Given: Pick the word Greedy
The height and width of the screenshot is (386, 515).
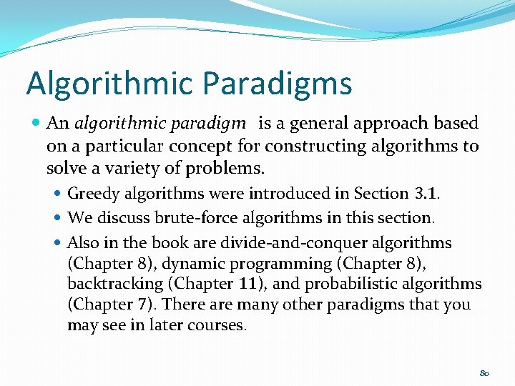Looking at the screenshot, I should pyautogui.click(x=93, y=193).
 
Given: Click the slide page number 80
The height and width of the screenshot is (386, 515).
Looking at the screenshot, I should pyautogui.click(x=484, y=373).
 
